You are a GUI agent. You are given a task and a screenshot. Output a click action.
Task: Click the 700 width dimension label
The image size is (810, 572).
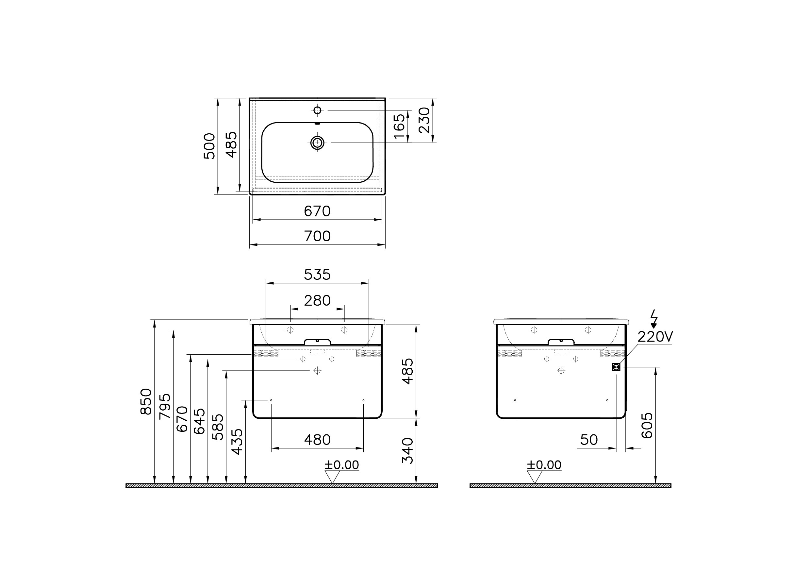[x=317, y=236]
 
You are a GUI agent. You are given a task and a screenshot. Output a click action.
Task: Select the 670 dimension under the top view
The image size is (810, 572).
[x=317, y=211]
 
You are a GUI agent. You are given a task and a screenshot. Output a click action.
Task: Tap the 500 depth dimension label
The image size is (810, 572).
[x=209, y=146]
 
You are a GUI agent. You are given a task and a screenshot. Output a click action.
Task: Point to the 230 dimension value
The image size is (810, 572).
[x=425, y=120]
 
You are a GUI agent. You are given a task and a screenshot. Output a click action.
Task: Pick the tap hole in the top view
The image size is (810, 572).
[x=317, y=110]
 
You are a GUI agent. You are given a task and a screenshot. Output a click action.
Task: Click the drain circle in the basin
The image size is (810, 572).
[x=317, y=143]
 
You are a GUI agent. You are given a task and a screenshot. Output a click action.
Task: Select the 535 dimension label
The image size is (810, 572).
[x=317, y=275]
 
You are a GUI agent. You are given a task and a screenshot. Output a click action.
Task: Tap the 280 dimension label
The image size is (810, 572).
[x=317, y=301]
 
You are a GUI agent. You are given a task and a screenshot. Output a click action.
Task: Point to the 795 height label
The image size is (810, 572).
[x=165, y=406]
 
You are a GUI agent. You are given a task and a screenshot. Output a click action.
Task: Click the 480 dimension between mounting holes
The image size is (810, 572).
[x=317, y=440]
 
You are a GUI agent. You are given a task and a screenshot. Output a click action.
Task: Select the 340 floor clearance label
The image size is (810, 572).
[x=407, y=451]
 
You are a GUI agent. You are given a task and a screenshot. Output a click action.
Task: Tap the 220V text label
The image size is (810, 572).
[x=655, y=337]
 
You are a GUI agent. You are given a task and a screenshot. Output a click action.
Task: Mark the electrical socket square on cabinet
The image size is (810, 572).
[x=616, y=367]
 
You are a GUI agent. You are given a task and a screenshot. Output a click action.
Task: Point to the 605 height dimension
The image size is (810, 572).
[x=647, y=425]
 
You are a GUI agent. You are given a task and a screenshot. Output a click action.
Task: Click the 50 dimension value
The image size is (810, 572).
[x=589, y=440]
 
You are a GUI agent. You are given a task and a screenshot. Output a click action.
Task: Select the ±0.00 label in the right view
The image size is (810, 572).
[x=544, y=465]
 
